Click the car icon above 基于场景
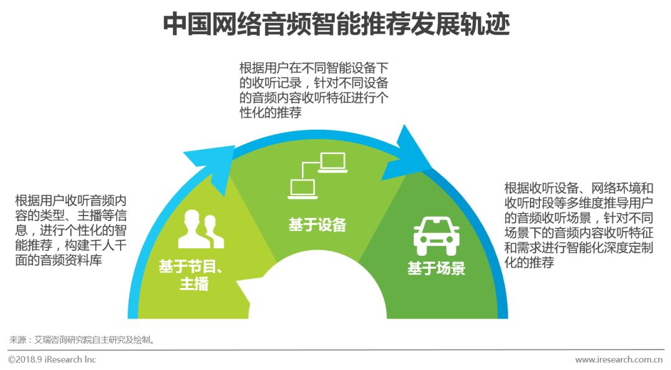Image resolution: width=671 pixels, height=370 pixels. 436,235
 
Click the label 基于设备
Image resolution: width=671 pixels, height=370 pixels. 317,225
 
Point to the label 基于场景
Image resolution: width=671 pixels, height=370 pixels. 436,269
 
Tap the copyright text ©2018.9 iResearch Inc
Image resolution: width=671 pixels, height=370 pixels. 52,359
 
